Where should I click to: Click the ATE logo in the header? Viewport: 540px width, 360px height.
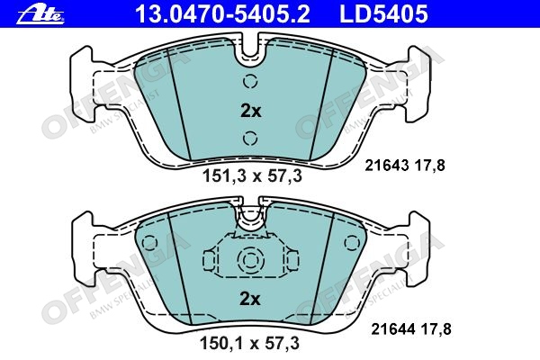coord(40,14)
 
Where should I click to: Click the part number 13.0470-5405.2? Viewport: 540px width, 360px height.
coord(223,14)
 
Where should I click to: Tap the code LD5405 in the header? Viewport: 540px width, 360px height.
coord(383,14)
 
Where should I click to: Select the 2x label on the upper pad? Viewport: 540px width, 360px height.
coord(251,111)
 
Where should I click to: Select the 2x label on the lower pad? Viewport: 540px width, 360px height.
coord(250,299)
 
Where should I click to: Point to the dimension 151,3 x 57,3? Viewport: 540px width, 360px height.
coord(252,176)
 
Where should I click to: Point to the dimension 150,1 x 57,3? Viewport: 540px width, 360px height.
coord(249,344)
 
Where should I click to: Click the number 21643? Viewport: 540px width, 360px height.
coord(387,166)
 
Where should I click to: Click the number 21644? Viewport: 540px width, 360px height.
coord(393,329)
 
